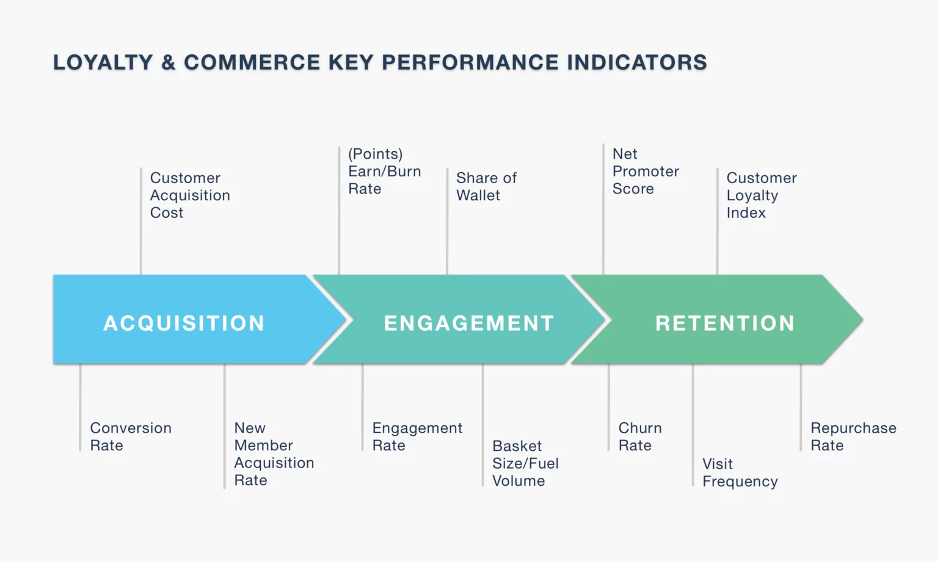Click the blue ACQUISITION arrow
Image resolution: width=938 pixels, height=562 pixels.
[183, 322]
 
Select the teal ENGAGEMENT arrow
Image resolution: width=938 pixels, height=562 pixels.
[468, 322]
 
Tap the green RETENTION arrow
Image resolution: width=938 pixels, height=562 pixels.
[724, 322]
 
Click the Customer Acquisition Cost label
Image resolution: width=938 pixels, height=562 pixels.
[190, 195]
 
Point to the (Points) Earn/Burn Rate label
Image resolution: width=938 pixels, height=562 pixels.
[384, 171]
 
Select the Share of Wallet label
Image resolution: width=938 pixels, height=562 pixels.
[486, 187]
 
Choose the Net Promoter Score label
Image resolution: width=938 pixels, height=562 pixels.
[645, 171]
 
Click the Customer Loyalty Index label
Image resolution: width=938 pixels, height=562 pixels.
[761, 195]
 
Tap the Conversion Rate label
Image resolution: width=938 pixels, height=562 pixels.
[131, 437]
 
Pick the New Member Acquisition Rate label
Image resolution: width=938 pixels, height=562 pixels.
[274, 454]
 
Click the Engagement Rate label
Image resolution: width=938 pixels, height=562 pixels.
[417, 437]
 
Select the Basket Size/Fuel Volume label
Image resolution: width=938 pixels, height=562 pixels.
[525, 463]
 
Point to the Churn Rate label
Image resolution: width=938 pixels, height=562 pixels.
[639, 437]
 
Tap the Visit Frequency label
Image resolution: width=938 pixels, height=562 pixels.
[740, 473]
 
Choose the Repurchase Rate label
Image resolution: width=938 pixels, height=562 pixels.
[853, 437]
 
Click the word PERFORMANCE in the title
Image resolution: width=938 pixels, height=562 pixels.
[470, 62]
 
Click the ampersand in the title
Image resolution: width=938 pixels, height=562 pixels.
[168, 62]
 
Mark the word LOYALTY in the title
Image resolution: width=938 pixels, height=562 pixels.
[103, 62]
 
